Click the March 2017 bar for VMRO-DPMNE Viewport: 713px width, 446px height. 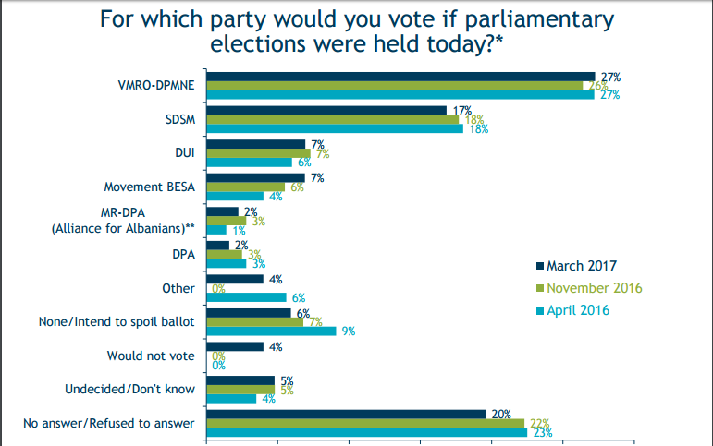click(x=400, y=77)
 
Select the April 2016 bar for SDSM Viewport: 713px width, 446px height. click(x=335, y=128)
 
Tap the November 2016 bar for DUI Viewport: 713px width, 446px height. click(x=258, y=153)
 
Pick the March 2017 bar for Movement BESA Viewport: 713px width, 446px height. click(x=255, y=177)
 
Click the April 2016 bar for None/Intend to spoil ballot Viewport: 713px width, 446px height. click(x=271, y=331)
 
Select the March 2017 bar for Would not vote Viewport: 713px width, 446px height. click(x=235, y=347)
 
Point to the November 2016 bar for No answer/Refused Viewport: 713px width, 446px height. click(x=365, y=423)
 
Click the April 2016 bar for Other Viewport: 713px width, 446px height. click(x=247, y=297)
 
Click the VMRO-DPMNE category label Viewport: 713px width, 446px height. click(x=154, y=86)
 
